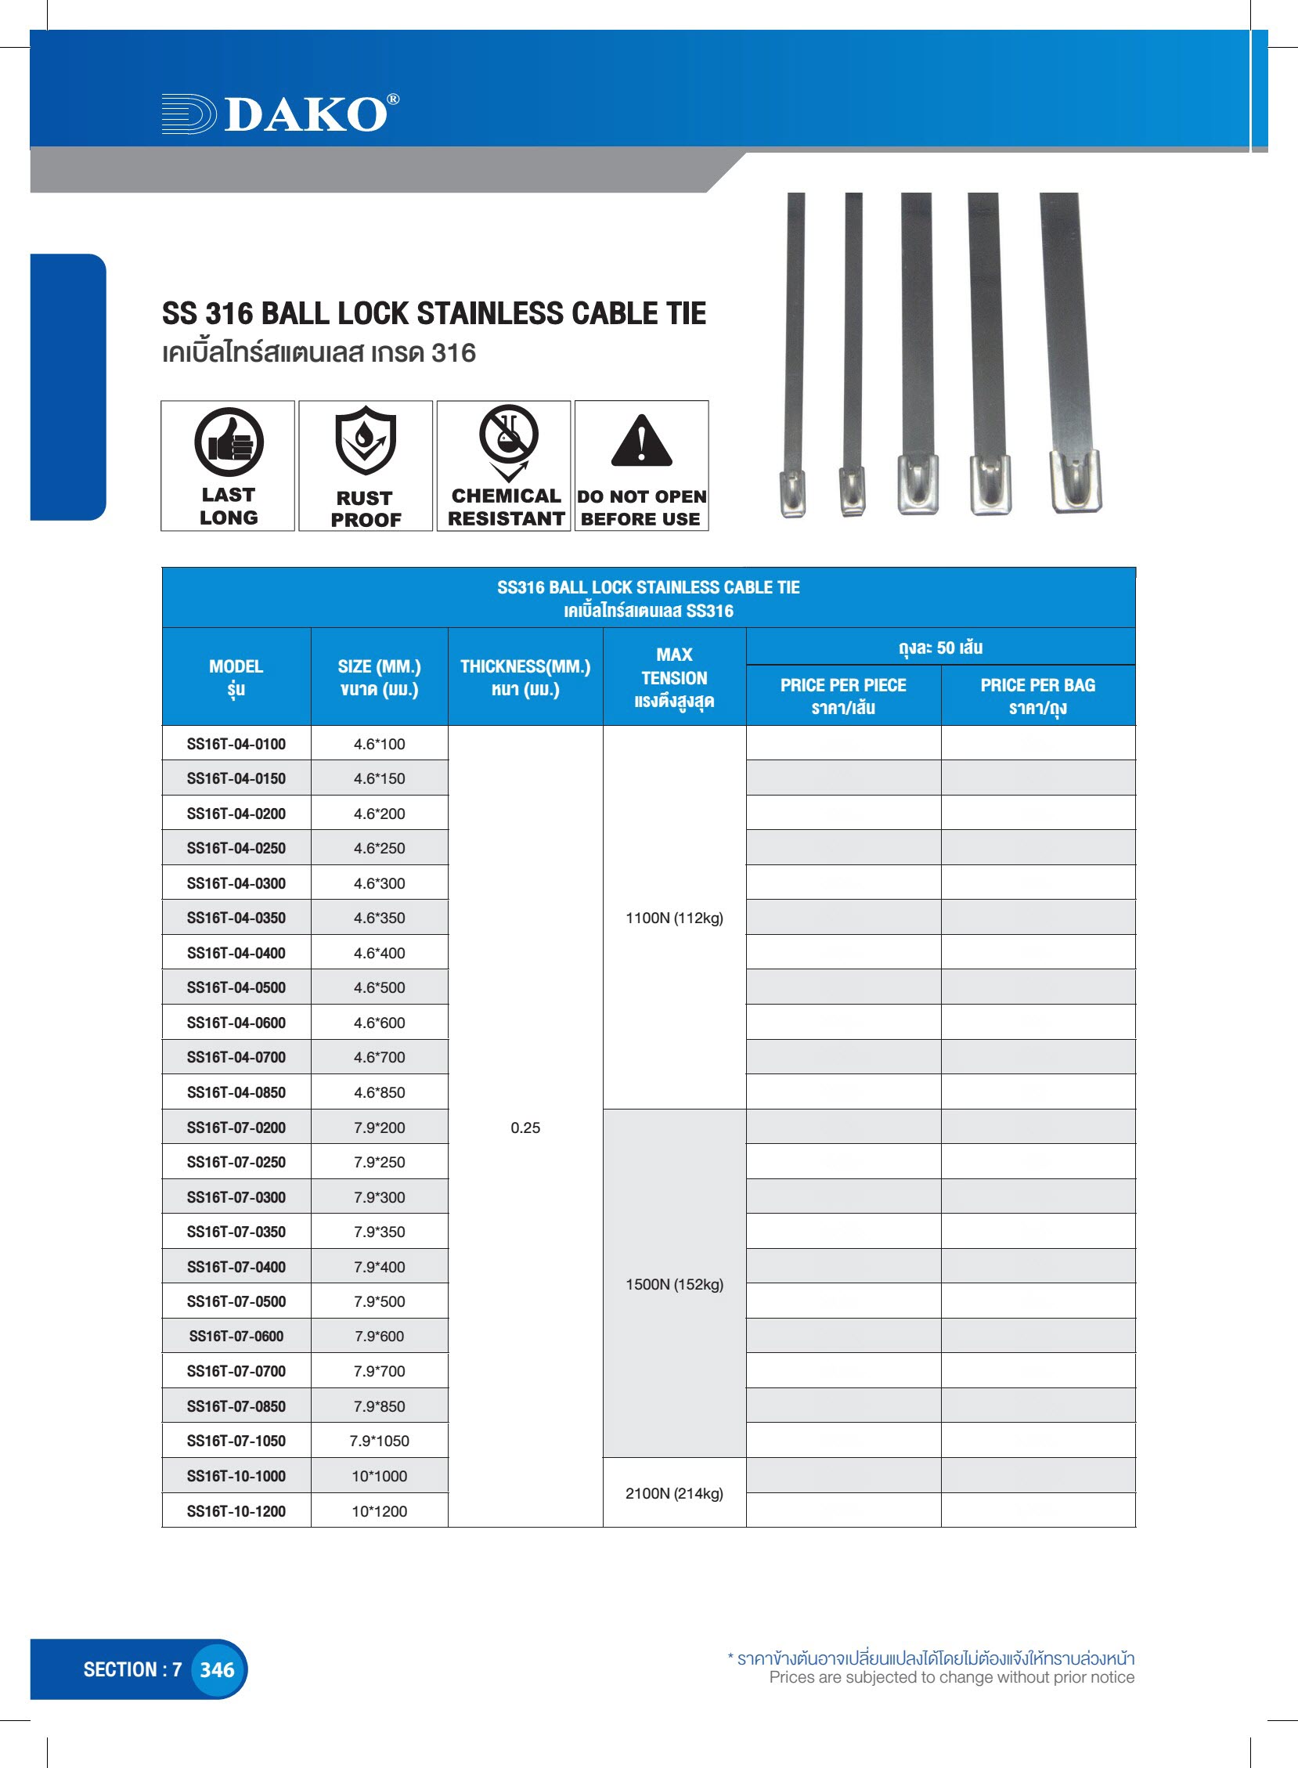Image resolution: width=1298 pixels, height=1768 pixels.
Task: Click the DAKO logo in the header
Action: coord(280,114)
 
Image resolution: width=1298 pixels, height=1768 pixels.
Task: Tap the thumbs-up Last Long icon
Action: coord(229,442)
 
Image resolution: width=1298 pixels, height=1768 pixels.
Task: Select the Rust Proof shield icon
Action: coord(366,440)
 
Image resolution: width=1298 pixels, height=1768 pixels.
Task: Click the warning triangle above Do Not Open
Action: coord(641,442)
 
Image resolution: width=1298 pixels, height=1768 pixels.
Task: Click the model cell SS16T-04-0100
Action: coord(236,744)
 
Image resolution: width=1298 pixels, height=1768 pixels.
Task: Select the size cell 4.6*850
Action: coord(379,1092)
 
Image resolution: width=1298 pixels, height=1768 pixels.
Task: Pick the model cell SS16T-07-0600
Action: coord(236,1336)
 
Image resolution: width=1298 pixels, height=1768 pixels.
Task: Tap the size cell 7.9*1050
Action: coord(379,1441)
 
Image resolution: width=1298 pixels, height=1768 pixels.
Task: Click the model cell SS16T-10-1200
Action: coord(236,1511)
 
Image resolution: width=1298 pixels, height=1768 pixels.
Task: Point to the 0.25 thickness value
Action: coord(525,1128)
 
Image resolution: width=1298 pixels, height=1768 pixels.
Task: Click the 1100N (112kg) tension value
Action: coord(674,918)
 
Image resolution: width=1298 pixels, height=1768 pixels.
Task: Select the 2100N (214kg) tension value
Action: coord(674,1493)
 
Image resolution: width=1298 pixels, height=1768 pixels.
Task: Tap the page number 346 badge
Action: coord(217,1670)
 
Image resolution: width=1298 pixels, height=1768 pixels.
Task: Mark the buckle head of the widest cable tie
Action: coord(1076,481)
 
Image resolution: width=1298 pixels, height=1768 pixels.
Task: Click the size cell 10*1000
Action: coord(379,1476)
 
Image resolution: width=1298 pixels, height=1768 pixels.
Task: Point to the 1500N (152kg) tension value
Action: coord(674,1284)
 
